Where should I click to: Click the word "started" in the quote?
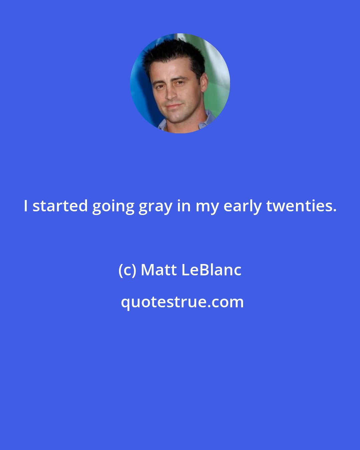(x=60, y=206)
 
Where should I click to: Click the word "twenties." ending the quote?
(x=301, y=206)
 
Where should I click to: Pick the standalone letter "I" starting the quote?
(x=26, y=206)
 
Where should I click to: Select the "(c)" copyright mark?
(x=127, y=270)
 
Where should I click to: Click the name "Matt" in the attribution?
(x=159, y=270)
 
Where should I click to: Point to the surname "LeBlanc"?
(x=211, y=270)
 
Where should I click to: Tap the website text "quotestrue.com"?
(x=182, y=302)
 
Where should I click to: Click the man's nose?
(x=171, y=94)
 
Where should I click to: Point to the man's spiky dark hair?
(x=173, y=53)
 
